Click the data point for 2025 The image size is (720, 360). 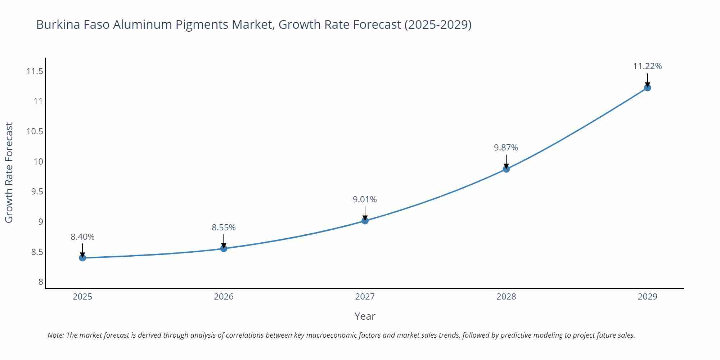(82, 258)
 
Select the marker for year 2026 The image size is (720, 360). (224, 248)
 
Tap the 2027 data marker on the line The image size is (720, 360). (365, 221)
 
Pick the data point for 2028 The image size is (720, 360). (506, 169)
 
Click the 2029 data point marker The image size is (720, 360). (647, 87)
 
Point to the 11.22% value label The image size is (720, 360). (647, 66)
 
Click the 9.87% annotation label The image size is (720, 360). (506, 148)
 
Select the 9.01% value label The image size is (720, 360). (365, 199)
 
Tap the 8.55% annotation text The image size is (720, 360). (224, 228)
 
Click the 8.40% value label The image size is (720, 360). (82, 237)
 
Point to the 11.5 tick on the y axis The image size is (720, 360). (35, 71)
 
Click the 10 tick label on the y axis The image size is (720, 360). (38, 161)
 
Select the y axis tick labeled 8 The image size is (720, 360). (41, 282)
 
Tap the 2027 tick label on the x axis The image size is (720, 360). (365, 297)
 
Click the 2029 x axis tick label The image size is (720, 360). (647, 297)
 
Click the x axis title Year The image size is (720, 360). (365, 316)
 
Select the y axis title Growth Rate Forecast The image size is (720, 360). (9, 172)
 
